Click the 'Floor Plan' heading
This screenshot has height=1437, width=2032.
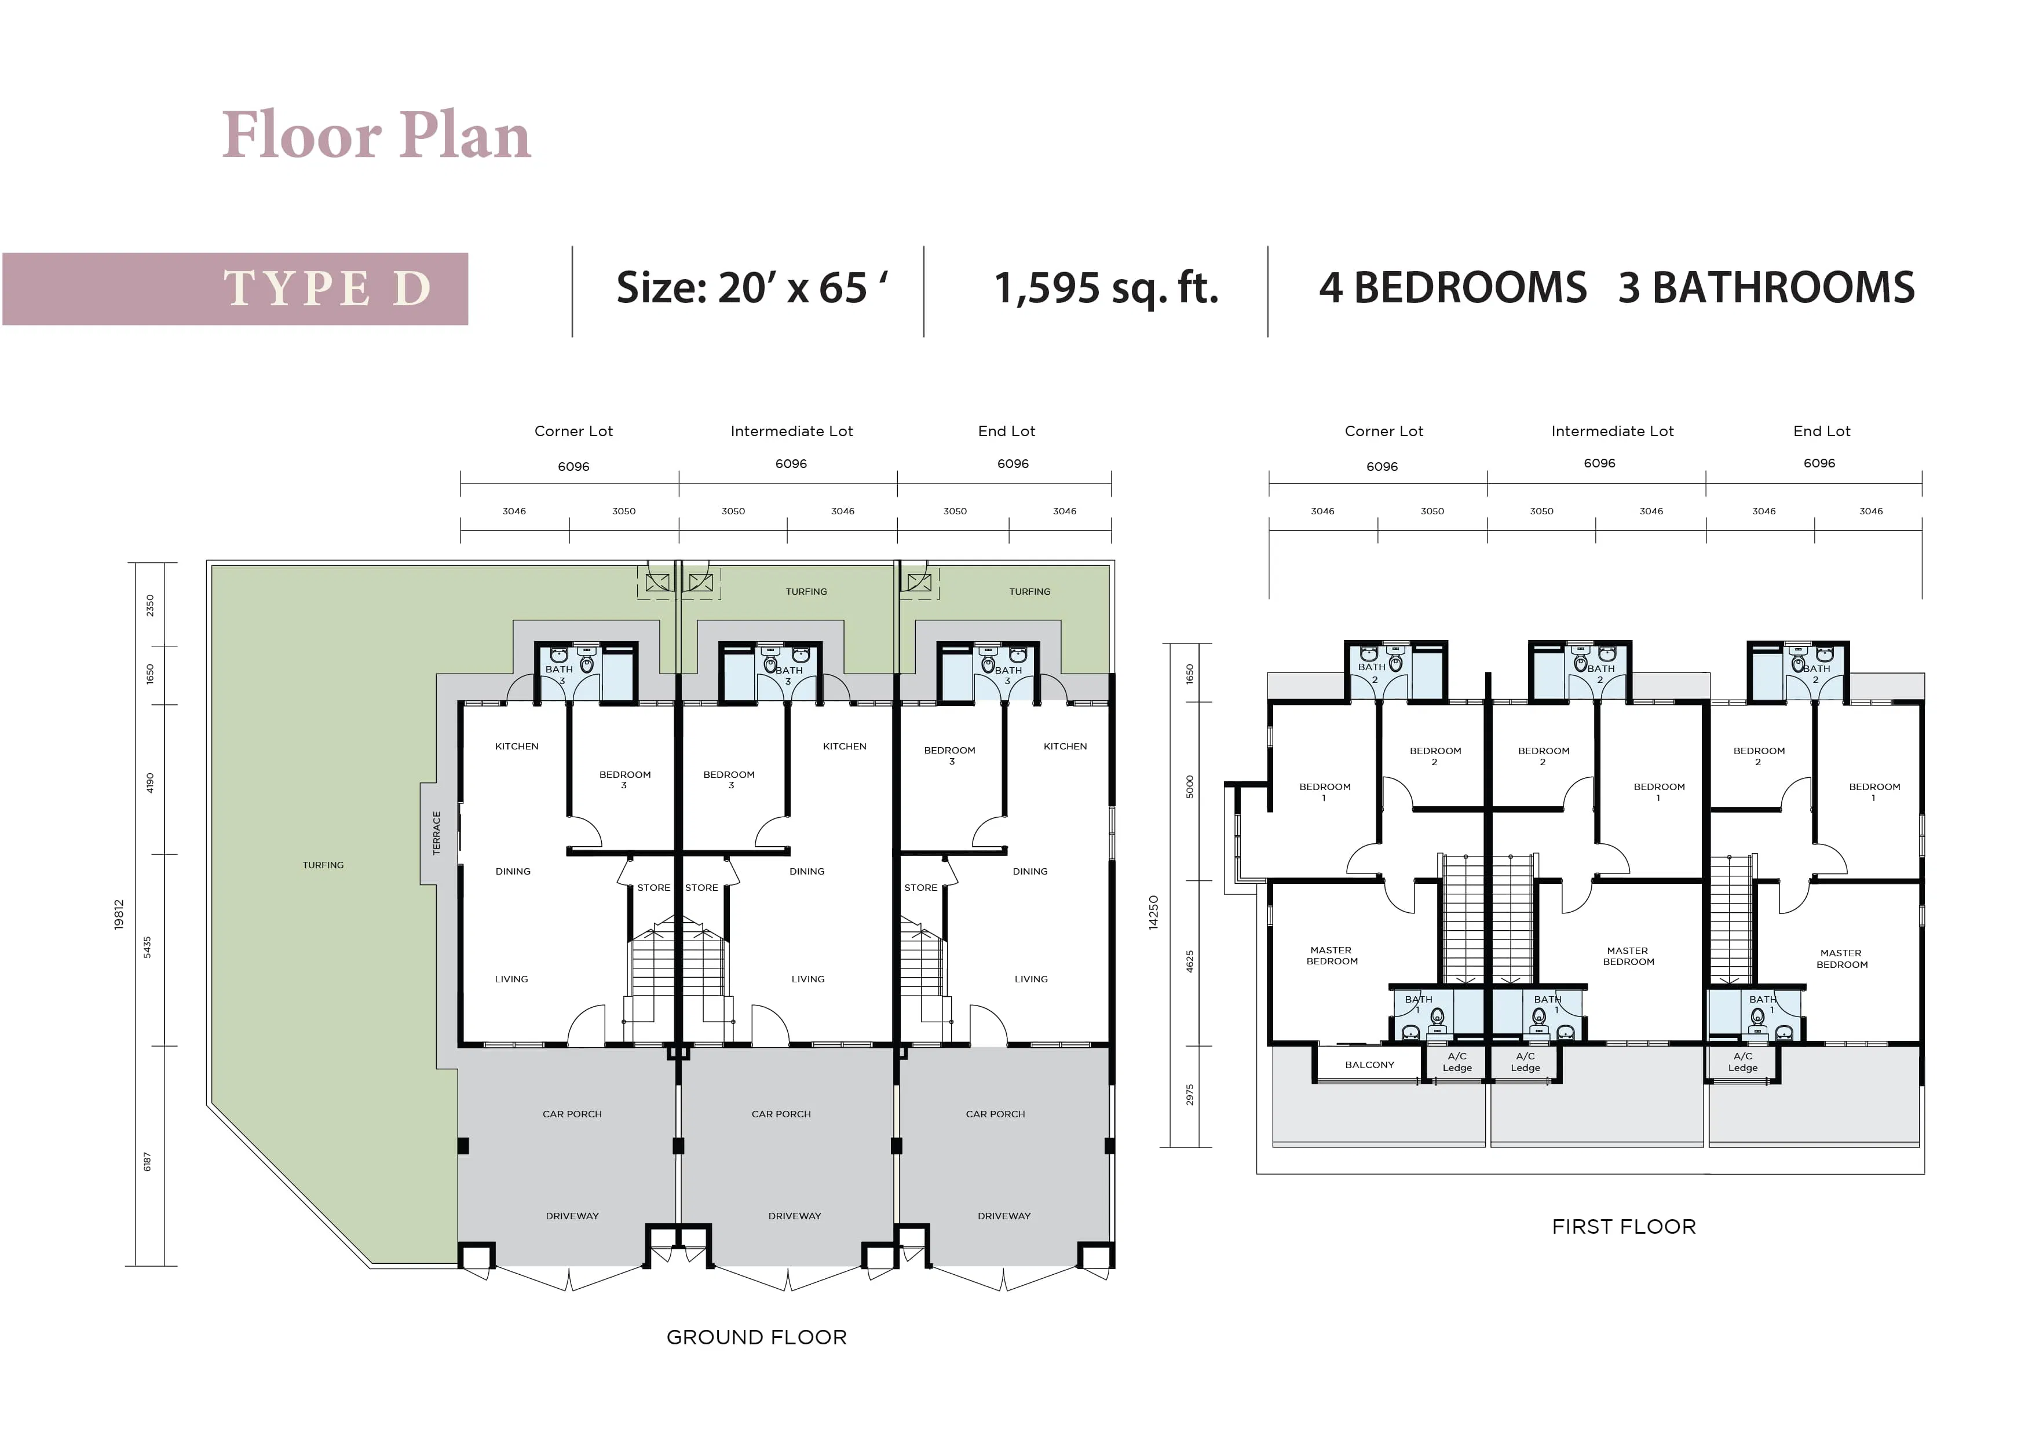pyautogui.click(x=376, y=136)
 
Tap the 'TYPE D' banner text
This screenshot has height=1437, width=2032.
pyautogui.click(x=327, y=288)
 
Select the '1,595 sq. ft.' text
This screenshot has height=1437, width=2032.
pyautogui.click(x=1106, y=288)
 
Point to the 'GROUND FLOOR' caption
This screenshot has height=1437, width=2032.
pyautogui.click(x=756, y=1337)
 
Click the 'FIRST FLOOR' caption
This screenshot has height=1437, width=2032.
pyautogui.click(x=1624, y=1226)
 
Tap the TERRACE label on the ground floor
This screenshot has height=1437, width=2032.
pyautogui.click(x=436, y=833)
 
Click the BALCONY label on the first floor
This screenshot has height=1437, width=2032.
pyautogui.click(x=1369, y=1065)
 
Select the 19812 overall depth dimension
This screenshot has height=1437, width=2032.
pyautogui.click(x=119, y=914)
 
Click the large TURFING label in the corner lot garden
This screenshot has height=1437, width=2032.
pyautogui.click(x=323, y=865)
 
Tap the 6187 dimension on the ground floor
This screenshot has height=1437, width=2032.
pyautogui.click(x=147, y=1162)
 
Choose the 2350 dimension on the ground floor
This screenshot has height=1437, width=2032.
pyautogui.click(x=149, y=605)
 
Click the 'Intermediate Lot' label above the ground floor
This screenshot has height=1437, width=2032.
pyautogui.click(x=791, y=431)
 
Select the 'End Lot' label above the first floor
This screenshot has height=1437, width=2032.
pyautogui.click(x=1821, y=431)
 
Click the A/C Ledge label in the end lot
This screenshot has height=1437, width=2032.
pyautogui.click(x=1742, y=1062)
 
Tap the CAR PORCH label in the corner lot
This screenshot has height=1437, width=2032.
pyautogui.click(x=572, y=1114)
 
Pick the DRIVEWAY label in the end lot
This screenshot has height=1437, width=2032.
pyautogui.click(x=1004, y=1216)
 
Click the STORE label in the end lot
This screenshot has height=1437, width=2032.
pyautogui.click(x=920, y=887)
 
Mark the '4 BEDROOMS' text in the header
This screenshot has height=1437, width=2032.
pyautogui.click(x=1452, y=288)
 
